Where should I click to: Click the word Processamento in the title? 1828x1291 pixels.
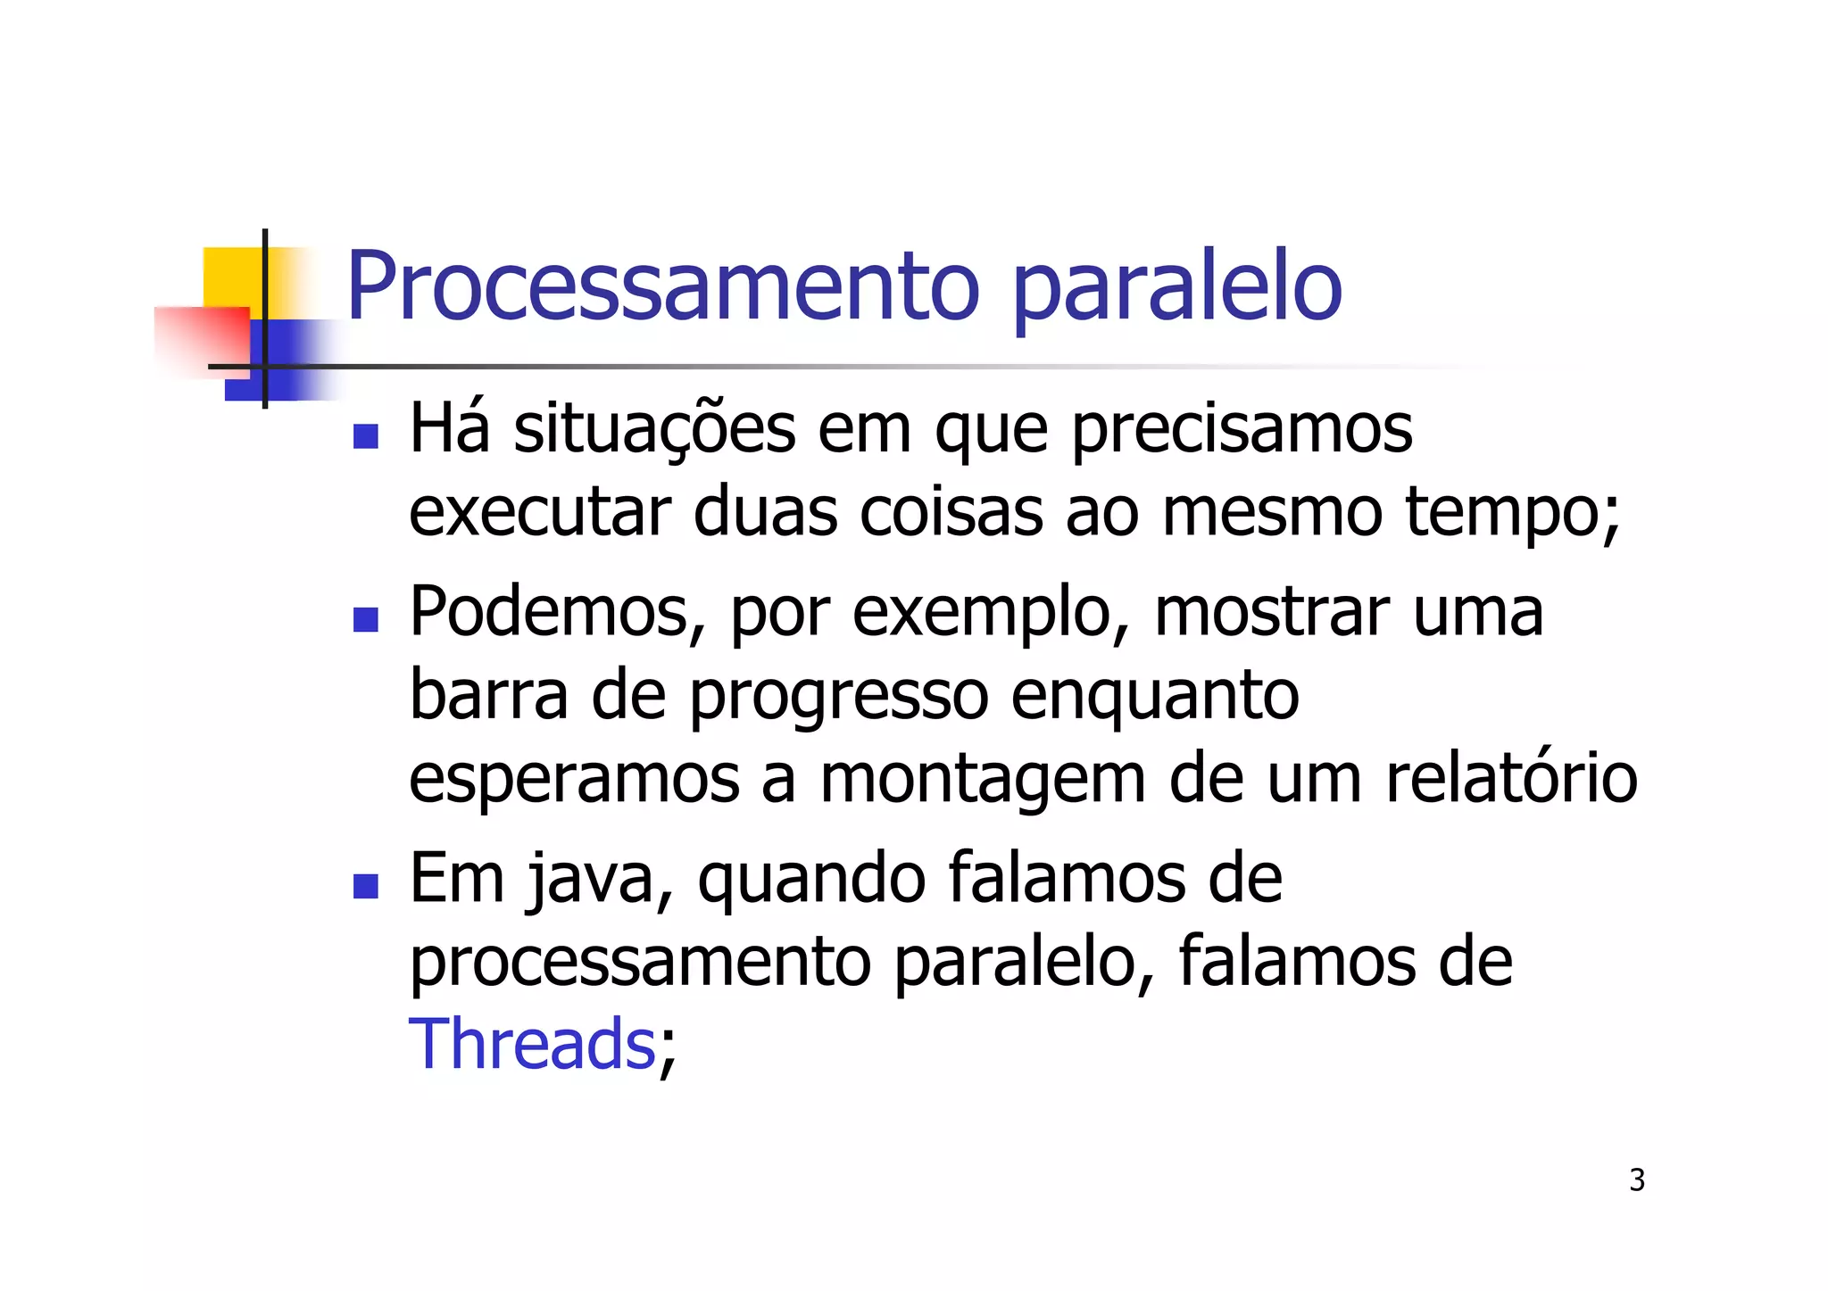pyautogui.click(x=662, y=287)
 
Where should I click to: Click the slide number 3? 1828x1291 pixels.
pyautogui.click(x=1636, y=1179)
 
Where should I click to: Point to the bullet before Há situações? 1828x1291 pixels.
pyautogui.click(x=366, y=436)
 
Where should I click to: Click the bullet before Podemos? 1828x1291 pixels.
pyautogui.click(x=366, y=619)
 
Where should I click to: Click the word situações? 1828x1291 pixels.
pyautogui.click(x=654, y=431)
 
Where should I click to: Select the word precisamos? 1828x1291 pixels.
pyautogui.click(x=1242, y=431)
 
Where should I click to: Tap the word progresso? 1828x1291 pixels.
pyautogui.click(x=838, y=698)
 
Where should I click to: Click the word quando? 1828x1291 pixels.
pyautogui.click(x=811, y=881)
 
